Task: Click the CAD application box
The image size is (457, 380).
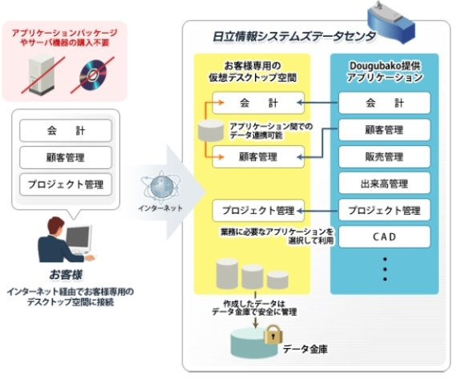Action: point(384,237)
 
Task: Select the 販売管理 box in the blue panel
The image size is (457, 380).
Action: point(384,157)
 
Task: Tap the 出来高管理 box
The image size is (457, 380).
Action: point(384,184)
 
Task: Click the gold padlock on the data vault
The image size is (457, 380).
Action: point(273,334)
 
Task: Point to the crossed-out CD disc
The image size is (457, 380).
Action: point(93,75)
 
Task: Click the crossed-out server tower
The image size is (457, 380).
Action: point(42,76)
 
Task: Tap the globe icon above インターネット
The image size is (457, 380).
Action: point(161,187)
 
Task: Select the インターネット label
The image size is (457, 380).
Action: point(160,208)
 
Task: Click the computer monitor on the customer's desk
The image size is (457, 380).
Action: point(79,237)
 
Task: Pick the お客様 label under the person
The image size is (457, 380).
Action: point(66,274)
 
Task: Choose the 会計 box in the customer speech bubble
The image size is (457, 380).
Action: point(66,131)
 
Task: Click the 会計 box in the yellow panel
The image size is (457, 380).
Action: point(258,103)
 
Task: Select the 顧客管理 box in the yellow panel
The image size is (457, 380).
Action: point(258,157)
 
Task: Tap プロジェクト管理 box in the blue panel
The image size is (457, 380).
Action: point(384,210)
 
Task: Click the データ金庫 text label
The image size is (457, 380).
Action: point(305,349)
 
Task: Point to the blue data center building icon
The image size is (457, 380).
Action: point(391,22)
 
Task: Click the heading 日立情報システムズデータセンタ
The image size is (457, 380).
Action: point(294,37)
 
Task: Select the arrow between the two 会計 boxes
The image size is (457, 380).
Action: point(317,103)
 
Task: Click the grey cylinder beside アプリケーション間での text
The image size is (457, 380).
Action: point(211,130)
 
